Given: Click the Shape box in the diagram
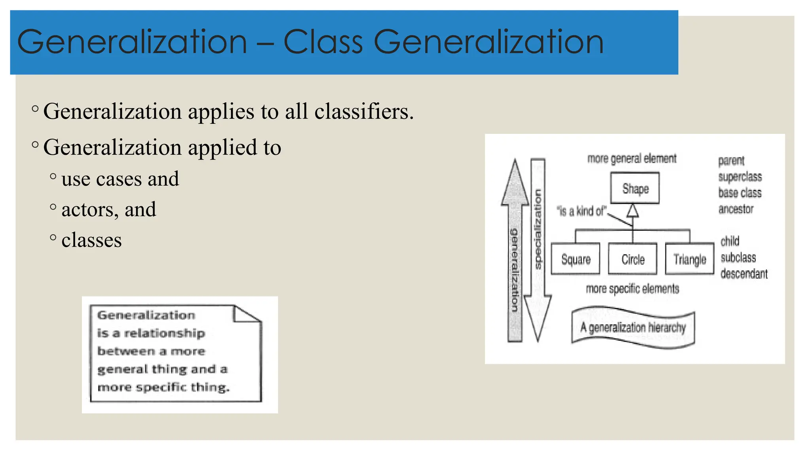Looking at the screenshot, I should click(635, 188).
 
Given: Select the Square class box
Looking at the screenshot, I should click(575, 259).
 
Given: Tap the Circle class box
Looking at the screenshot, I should click(632, 259).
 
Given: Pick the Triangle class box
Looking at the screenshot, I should click(690, 259).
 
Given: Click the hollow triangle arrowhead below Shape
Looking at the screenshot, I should click(633, 211).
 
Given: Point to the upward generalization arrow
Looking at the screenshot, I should click(515, 253).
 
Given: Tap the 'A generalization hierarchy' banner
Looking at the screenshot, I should click(633, 328).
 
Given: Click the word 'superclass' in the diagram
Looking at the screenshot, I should click(740, 177).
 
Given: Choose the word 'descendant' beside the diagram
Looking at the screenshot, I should click(744, 274).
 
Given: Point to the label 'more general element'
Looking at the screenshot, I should click(632, 159).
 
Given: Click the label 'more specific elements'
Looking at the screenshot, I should click(632, 289).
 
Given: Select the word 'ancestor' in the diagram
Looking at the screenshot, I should click(736, 209).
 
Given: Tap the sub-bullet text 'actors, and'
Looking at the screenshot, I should click(109, 209).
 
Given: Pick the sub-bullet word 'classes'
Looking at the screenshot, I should click(91, 240).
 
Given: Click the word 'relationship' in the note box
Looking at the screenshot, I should click(165, 333).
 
